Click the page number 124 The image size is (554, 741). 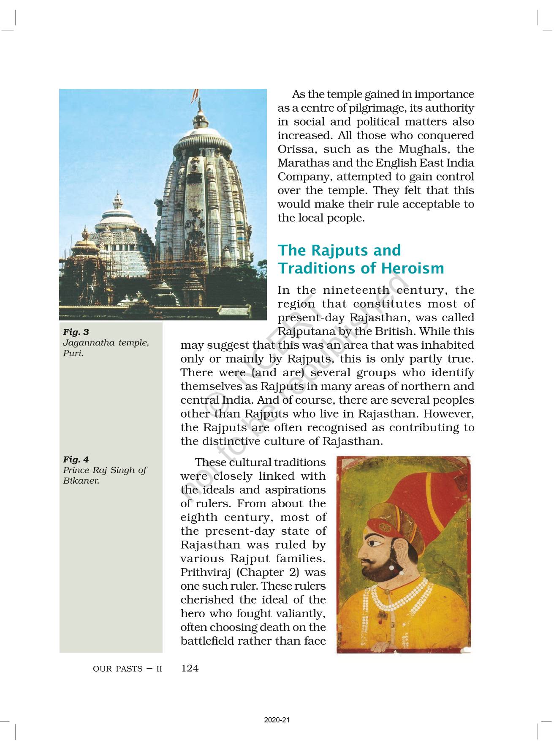pos(190,668)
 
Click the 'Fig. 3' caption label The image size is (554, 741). pos(76,332)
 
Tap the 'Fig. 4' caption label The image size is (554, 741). pos(76,459)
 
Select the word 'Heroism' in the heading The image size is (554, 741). pos(413,268)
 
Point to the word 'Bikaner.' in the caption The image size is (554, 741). pos(81,481)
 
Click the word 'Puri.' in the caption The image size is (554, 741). pos(73,353)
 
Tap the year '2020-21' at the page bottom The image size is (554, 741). pos(277,720)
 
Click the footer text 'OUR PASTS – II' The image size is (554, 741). pos(127,669)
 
